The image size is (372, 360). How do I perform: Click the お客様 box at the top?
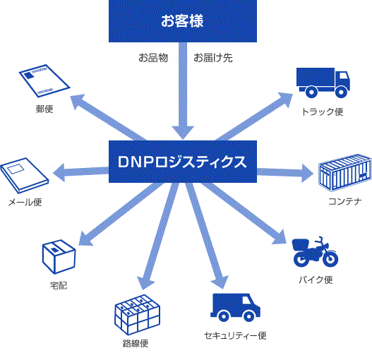click(x=183, y=21)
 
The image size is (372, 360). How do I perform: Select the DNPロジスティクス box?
click(x=183, y=162)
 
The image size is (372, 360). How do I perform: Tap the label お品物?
click(x=153, y=58)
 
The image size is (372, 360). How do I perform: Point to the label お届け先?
click(x=213, y=58)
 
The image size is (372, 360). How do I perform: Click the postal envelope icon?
click(x=44, y=80)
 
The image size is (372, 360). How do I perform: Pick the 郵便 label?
click(x=44, y=109)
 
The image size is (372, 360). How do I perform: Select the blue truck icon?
click(x=323, y=83)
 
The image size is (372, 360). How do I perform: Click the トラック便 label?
click(x=323, y=112)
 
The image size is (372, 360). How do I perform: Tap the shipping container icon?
click(x=345, y=173)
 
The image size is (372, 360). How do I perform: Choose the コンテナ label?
click(x=345, y=201)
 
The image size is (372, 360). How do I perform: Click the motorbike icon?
click(x=315, y=252)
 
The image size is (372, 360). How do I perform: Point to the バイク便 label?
click(x=316, y=280)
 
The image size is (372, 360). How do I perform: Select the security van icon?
click(x=235, y=308)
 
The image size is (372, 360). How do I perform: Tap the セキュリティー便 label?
click(x=235, y=335)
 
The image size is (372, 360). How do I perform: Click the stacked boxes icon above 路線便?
click(x=138, y=315)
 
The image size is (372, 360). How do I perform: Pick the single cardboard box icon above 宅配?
click(x=59, y=257)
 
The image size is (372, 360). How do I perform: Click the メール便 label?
click(x=25, y=202)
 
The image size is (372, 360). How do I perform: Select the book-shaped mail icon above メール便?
click(x=25, y=176)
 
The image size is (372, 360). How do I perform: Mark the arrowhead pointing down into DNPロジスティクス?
click(x=183, y=133)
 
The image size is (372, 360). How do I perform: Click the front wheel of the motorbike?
click(x=330, y=259)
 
